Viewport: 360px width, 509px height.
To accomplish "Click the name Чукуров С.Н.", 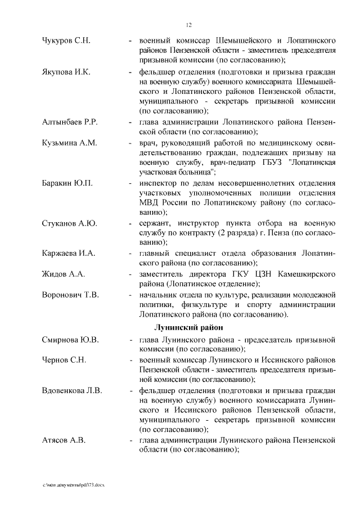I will click(x=66, y=42).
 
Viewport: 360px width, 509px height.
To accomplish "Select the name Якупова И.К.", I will click(x=66, y=73).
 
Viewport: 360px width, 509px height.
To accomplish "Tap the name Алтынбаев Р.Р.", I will click(x=70, y=122).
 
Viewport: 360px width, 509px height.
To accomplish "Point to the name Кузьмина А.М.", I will click(x=70, y=143).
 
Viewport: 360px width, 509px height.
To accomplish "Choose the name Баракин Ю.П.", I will click(x=67, y=183).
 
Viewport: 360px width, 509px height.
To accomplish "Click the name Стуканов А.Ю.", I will click(x=70, y=223).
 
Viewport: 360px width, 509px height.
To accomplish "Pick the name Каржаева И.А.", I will click(x=69, y=254).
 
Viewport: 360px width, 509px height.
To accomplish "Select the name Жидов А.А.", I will click(x=63, y=274).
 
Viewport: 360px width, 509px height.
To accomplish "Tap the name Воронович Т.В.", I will click(x=70, y=294).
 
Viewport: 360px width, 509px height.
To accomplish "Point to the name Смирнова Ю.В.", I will click(x=70, y=340).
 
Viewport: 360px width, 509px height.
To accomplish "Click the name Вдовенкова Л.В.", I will click(x=72, y=390).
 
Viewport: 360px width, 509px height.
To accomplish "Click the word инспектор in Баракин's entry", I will click(x=161, y=183).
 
